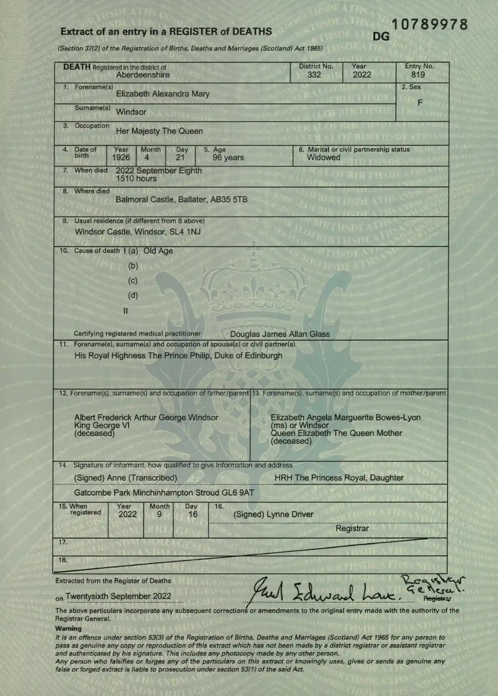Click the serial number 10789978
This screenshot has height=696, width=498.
click(x=429, y=24)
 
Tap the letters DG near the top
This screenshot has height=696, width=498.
click(x=381, y=37)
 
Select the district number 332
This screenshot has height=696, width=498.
click(x=314, y=75)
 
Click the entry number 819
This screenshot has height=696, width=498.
click(x=418, y=75)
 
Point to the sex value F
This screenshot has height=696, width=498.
click(x=420, y=103)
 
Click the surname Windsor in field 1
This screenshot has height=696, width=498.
click(x=131, y=112)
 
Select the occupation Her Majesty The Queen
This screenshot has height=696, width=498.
click(x=159, y=131)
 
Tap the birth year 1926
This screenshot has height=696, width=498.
click(x=121, y=158)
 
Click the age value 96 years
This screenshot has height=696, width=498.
click(x=228, y=158)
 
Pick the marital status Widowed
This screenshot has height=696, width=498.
click(x=323, y=158)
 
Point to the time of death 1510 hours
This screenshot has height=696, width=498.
click(x=136, y=179)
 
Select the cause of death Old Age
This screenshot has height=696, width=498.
click(x=158, y=251)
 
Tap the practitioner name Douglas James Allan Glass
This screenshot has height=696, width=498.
click(x=279, y=334)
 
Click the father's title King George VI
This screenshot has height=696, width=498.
click(x=102, y=425)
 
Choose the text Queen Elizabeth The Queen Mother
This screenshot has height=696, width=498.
click(x=336, y=433)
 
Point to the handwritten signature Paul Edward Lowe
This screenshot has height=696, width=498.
click(x=325, y=591)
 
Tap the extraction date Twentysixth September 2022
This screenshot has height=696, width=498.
click(x=118, y=596)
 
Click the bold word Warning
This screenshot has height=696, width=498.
click(x=68, y=628)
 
